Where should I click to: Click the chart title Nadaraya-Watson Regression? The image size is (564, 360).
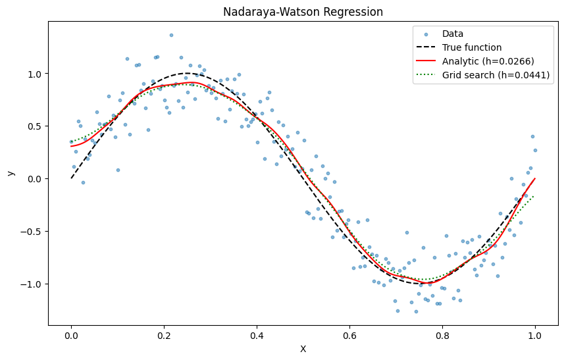303,12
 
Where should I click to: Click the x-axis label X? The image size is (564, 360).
303,349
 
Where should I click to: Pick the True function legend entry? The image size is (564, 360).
472,47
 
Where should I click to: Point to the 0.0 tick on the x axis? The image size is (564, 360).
71,336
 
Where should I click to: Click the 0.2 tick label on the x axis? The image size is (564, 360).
164,336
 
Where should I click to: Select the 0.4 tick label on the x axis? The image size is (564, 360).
257,336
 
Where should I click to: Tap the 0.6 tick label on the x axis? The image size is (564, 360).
349,336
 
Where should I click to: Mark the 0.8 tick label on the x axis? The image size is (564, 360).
442,336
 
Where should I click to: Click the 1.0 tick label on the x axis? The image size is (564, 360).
535,336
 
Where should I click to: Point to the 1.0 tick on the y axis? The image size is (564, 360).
35,74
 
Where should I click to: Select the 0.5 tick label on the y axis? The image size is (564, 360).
35,126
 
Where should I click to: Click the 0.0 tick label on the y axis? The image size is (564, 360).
35,179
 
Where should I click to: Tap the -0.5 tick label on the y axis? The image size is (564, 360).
32,232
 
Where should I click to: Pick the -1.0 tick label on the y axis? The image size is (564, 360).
32,284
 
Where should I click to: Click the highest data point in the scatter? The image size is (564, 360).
171,35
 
